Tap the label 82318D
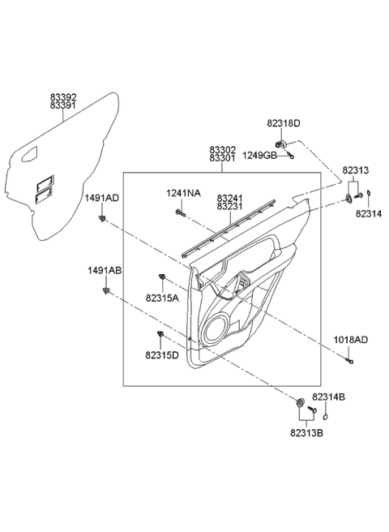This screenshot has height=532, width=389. click(x=284, y=123)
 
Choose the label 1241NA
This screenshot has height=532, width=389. click(x=182, y=193)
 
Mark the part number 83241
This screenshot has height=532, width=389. click(x=229, y=197)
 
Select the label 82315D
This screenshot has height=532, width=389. click(x=163, y=354)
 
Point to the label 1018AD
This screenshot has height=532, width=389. click(x=350, y=341)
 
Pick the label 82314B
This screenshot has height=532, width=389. click(x=331, y=397)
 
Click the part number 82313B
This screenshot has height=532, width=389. click(x=308, y=433)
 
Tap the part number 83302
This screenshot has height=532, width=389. click(x=223, y=149)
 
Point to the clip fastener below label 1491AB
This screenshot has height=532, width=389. click(x=107, y=290)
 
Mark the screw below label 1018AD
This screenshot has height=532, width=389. click(x=349, y=360)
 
